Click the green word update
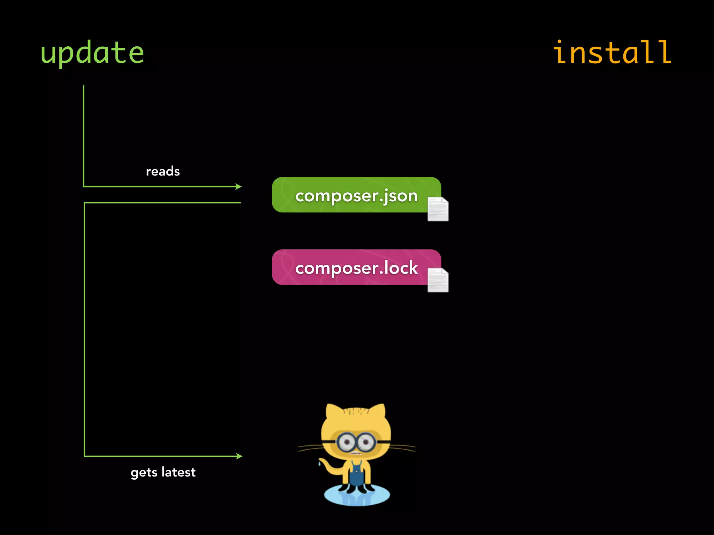(92, 53)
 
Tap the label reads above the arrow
(163, 171)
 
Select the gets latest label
(163, 472)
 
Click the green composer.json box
(349, 195)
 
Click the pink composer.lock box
(349, 267)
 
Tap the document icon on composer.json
(438, 209)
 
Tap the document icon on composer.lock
(438, 280)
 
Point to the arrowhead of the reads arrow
(239, 187)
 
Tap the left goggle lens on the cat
(347, 443)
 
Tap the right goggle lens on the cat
(366, 443)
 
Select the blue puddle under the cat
(357, 497)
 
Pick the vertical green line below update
(84, 136)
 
